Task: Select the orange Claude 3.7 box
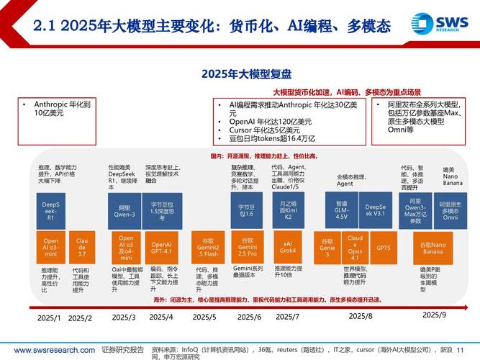81,248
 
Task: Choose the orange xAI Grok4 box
287,248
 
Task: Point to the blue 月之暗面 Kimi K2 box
287,210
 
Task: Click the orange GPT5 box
384,248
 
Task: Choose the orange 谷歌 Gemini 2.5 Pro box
248,248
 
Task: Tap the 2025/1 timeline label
50,318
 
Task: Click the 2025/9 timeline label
434,315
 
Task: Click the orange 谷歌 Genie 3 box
327,248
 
